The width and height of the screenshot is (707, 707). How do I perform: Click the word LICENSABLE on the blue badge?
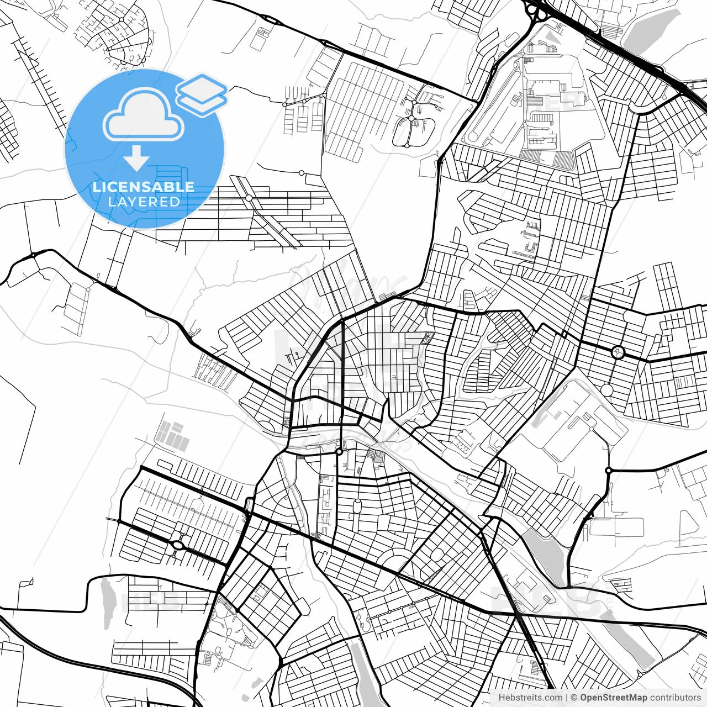(144, 187)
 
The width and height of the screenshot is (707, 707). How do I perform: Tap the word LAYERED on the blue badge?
(144, 202)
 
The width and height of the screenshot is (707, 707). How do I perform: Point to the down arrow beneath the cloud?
(136, 159)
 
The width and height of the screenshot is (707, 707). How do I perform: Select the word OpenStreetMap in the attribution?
(613, 698)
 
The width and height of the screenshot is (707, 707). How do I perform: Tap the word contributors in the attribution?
(675, 698)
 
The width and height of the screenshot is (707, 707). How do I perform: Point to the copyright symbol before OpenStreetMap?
(574, 698)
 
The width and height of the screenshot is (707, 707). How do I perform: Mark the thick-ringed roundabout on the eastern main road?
(617, 352)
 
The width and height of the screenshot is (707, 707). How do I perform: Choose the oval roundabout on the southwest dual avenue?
(178, 545)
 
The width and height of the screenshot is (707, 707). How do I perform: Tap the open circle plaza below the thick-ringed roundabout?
(607, 390)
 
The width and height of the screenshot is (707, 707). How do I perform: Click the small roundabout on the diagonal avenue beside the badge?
(249, 198)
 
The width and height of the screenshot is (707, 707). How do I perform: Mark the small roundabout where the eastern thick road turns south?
(608, 471)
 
